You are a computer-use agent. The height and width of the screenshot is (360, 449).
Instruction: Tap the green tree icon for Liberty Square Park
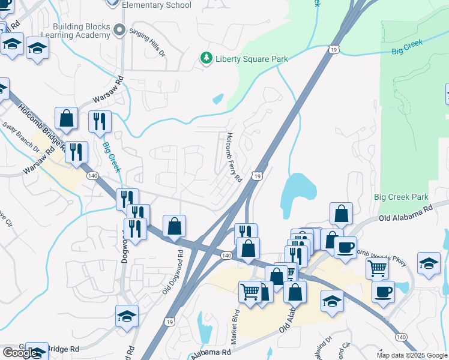coord(206,58)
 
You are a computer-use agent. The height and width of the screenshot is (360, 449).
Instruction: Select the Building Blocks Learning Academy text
coord(82,31)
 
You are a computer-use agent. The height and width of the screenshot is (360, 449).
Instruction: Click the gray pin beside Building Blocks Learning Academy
coord(120,30)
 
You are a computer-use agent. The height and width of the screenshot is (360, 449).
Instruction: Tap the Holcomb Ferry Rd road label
coord(234,157)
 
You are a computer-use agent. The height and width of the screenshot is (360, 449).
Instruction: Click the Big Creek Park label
coord(401,197)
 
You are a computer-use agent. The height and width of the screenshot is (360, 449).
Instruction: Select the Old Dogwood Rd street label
coord(172,272)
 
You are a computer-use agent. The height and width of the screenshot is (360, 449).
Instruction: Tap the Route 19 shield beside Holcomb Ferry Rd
coord(256,176)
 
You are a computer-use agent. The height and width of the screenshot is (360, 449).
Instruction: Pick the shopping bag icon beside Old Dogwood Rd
coord(174,227)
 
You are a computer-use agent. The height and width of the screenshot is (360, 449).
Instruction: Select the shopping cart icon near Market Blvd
coord(250,292)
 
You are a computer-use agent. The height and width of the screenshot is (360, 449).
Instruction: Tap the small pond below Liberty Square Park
coord(218,98)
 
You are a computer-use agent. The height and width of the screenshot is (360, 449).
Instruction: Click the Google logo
coord(20,353)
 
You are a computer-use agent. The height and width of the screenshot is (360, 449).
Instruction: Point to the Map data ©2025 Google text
coord(411,355)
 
